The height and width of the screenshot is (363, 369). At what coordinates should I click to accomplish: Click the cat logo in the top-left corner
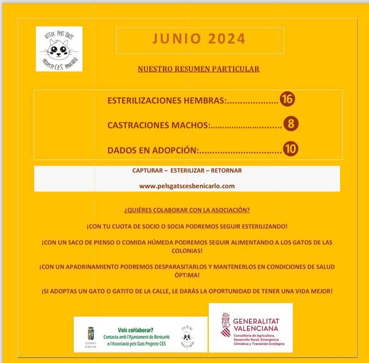click(x=59, y=49)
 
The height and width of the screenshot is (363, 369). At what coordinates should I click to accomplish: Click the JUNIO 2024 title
click(x=199, y=40)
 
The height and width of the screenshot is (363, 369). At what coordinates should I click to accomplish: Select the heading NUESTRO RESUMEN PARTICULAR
click(x=199, y=69)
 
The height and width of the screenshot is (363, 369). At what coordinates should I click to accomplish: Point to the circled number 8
click(x=291, y=124)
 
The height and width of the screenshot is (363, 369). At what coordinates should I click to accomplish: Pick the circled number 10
click(x=291, y=149)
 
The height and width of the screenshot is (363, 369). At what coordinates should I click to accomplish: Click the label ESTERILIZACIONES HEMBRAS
click(x=167, y=100)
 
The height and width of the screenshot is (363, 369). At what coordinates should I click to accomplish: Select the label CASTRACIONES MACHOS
click(x=158, y=125)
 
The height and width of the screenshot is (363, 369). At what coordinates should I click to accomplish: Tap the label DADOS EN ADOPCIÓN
click(x=152, y=150)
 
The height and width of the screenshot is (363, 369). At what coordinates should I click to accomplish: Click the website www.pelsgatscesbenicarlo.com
click(x=187, y=186)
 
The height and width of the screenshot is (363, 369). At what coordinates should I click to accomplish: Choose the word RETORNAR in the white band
click(x=226, y=170)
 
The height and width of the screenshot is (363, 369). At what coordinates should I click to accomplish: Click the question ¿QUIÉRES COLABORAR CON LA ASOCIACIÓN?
click(x=187, y=210)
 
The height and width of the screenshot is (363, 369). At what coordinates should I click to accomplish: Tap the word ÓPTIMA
click(x=187, y=275)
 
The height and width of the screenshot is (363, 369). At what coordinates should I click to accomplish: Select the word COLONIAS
click(x=187, y=251)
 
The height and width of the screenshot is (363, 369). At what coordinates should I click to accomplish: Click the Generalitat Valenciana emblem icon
click(x=225, y=325)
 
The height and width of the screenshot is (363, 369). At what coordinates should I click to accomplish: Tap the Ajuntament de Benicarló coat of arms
click(x=91, y=333)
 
